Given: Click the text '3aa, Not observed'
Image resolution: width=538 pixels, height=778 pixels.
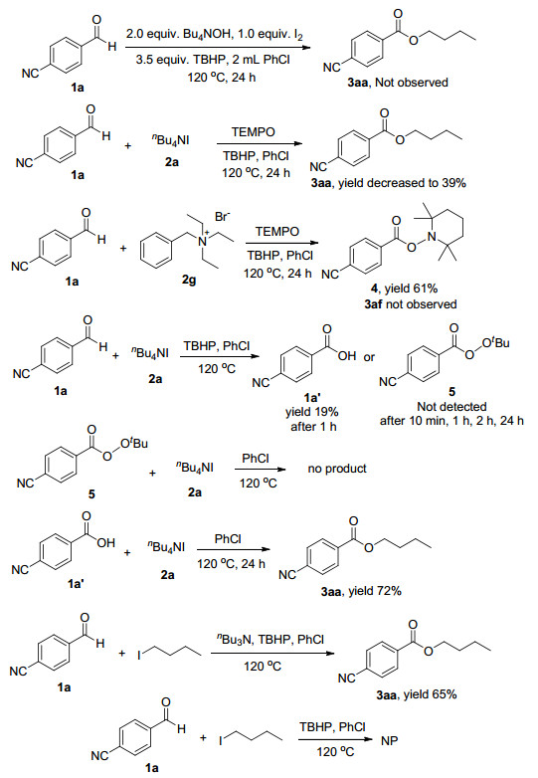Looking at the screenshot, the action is click(398, 83).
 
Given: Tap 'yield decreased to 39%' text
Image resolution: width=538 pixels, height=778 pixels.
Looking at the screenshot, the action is click(402, 183).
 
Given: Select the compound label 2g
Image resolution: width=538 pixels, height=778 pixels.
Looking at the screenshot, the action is click(188, 280).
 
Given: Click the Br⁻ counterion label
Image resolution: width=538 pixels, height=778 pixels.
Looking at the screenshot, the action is click(222, 217).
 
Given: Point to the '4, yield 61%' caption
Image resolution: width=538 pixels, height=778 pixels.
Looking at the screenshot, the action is click(405, 289).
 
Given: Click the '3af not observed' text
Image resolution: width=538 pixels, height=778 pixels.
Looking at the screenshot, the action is click(411, 304).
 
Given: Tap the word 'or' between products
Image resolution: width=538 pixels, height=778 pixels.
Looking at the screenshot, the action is click(369, 357).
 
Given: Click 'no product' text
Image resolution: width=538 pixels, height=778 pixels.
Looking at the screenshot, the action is click(337, 469).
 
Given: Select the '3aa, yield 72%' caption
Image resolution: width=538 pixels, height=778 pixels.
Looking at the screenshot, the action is click(361, 591).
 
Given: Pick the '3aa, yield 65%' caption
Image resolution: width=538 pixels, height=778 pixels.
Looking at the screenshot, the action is click(416, 694).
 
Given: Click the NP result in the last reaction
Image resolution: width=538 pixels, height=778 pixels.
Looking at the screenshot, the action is click(389, 741).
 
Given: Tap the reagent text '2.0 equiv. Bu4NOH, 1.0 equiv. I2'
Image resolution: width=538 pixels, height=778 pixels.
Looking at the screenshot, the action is click(215, 35).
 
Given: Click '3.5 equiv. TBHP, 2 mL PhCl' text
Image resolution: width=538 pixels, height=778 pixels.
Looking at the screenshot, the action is click(213, 60).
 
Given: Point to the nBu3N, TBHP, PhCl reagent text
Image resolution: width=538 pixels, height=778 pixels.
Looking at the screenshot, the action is click(270, 639).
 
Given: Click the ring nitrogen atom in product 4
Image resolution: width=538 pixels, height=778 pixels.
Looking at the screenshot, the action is click(432, 237).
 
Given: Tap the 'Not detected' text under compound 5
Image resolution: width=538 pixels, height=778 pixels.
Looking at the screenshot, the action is click(451, 407).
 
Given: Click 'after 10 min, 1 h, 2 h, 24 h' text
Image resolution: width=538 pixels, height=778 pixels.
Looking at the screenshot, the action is click(451, 421).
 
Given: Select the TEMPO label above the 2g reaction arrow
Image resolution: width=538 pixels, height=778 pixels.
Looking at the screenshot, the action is click(277, 232).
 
